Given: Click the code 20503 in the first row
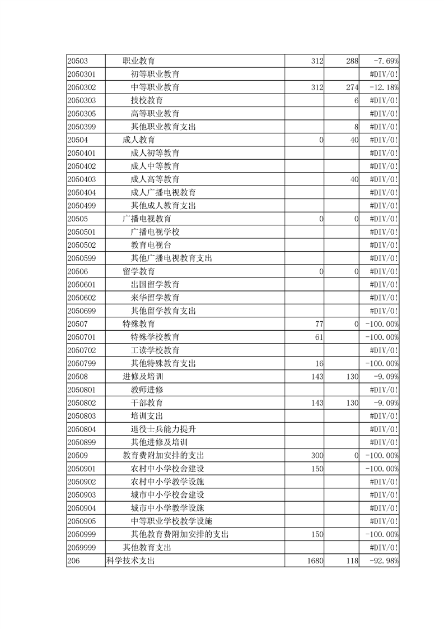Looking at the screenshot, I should click(78, 61).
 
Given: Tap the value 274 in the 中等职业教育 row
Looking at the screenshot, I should click(352, 87).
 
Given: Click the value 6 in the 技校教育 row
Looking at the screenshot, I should click(356, 100).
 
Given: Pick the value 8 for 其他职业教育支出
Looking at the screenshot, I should click(356, 127).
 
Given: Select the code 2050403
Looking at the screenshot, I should click(82, 179).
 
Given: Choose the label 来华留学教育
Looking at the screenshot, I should click(155, 297).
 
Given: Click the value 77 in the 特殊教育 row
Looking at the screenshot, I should click(320, 323).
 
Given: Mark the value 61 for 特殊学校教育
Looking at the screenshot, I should click(320, 337).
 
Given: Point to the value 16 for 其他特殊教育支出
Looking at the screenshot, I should click(320, 363).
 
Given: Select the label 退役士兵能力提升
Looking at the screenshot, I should click(163, 429).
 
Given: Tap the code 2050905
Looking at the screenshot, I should click(82, 521).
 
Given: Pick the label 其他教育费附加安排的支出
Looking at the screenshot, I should click(180, 534).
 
